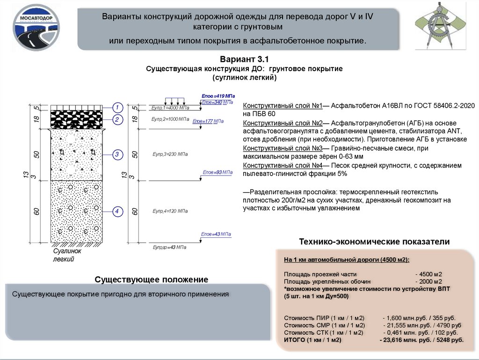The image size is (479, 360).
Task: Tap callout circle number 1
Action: tap(118, 107)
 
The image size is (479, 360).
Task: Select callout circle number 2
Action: tap(118, 120)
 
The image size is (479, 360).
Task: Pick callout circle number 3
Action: tap(118, 154)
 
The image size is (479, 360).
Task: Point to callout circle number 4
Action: tap(118, 212)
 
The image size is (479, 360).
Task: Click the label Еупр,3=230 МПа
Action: tap(170, 154)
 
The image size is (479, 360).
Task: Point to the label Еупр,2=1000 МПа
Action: tap(170, 120)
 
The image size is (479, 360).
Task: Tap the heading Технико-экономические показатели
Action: tap(374, 242)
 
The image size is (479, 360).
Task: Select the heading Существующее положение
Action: tap(151, 279)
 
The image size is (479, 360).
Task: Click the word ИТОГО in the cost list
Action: tap(294, 339)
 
